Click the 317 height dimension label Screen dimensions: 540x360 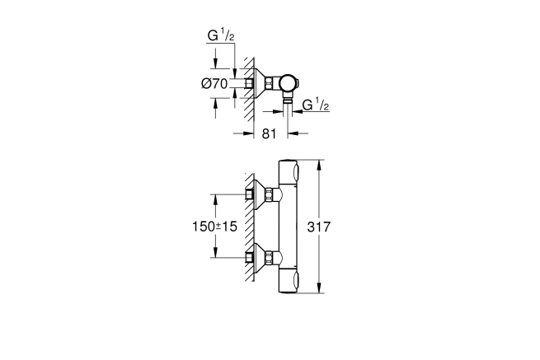point(318,227)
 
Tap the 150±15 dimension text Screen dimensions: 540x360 point(214,227)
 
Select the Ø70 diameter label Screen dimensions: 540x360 point(214,84)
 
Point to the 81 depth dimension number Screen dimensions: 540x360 point(269,134)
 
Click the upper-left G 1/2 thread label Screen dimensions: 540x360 point(221,35)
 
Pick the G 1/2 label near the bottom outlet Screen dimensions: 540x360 point(316,105)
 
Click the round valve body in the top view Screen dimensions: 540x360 point(289,84)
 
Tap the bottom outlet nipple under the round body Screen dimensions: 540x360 point(288,100)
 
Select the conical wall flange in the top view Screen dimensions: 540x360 point(260,83)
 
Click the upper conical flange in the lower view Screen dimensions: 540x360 point(260,194)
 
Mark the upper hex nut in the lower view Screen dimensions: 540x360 point(269,194)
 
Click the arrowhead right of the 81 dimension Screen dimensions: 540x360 point(293,133)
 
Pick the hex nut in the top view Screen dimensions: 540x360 point(269,83)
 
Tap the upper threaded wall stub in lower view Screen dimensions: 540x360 point(249,194)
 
